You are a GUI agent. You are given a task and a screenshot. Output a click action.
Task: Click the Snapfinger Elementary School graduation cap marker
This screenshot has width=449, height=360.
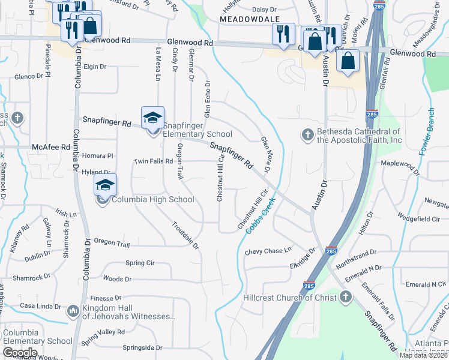point(152,117)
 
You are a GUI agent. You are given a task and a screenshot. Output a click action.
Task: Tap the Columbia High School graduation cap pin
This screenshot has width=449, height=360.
point(105,185)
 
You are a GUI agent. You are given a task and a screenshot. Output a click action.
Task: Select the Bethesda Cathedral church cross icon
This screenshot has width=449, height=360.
point(308,135)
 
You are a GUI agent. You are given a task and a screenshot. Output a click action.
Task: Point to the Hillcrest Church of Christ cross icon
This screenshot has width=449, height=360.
point(346,296)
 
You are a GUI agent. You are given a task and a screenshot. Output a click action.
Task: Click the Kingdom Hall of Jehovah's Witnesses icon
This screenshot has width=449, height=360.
point(73,310)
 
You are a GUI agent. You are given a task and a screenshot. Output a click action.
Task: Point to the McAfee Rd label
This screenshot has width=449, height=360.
point(51,146)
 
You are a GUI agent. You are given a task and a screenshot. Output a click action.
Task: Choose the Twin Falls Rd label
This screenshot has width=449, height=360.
point(153,161)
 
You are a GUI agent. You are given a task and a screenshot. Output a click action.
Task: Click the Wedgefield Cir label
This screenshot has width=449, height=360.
point(418,220)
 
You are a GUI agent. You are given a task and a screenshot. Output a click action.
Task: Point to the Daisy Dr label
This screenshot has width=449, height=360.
point(264,10)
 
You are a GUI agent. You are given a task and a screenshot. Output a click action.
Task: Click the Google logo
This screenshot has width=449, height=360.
point(20,353)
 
